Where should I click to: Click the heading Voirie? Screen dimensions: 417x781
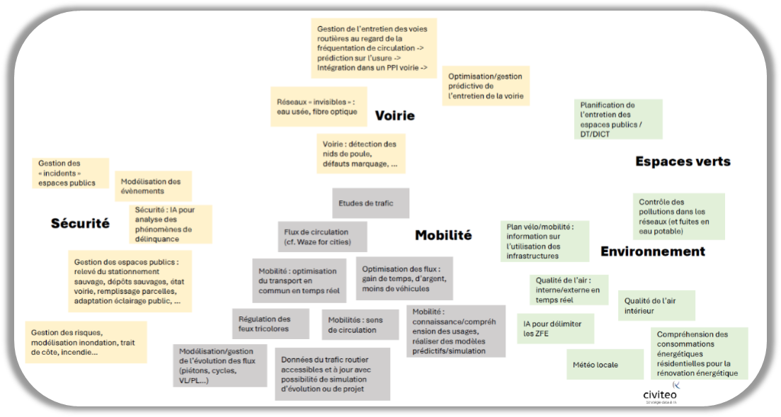click(x=394, y=115)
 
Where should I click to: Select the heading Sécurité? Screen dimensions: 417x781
click(x=80, y=224)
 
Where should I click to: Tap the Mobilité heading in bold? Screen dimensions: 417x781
click(x=443, y=236)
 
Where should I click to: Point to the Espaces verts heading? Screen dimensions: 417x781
click(x=683, y=161)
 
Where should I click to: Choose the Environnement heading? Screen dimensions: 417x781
click(x=652, y=251)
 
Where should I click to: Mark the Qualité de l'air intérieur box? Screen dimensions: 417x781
click(x=656, y=305)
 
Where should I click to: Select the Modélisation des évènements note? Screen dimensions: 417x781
click(x=150, y=186)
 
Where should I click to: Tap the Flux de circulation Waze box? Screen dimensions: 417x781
click(x=321, y=236)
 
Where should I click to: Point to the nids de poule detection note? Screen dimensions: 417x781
click(x=360, y=154)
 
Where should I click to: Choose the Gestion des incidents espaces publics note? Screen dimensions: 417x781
click(x=71, y=173)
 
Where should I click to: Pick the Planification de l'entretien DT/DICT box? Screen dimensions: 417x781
click(x=617, y=119)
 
